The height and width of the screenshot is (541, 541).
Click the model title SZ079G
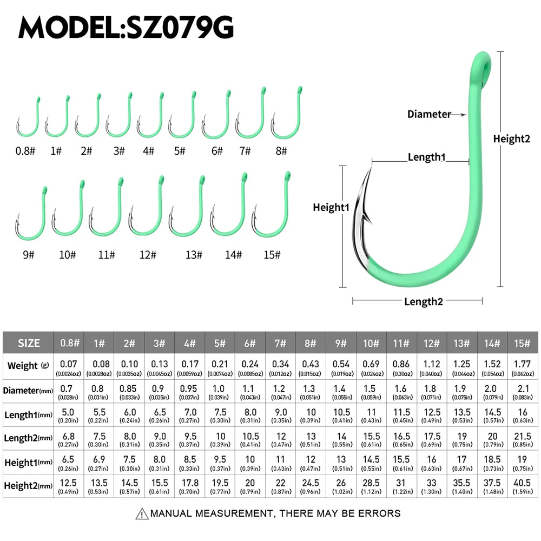[126, 27]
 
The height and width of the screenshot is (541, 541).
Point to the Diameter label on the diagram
[428, 114]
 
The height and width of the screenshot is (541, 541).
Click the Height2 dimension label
[511, 139]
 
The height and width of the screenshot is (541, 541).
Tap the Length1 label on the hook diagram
[426, 157]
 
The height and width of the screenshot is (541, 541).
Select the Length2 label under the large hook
[423, 302]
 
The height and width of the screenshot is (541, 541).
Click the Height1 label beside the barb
[331, 207]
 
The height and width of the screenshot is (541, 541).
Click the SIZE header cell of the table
[29, 343]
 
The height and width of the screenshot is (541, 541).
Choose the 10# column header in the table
[371, 343]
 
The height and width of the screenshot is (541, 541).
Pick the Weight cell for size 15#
[523, 366]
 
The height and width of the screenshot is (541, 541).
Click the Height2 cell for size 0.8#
[69, 485]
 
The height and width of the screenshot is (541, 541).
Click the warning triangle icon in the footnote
[142, 513]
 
